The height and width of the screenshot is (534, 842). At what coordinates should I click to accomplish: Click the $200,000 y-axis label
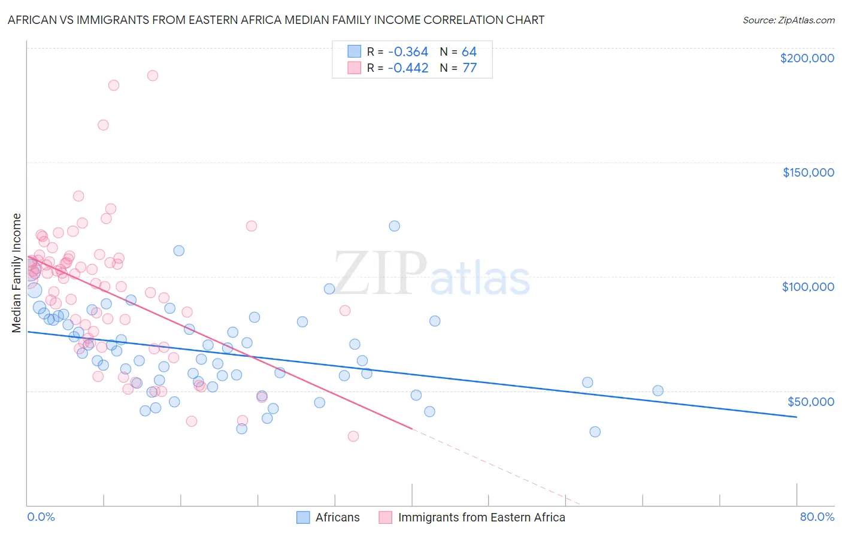(x=807, y=58)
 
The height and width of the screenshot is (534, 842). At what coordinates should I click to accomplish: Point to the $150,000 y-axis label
(x=808, y=172)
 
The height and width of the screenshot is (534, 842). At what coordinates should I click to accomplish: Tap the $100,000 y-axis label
(x=808, y=287)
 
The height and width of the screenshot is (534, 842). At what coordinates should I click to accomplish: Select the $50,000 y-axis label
(x=810, y=401)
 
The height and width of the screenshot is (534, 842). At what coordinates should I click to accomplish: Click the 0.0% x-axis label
(x=41, y=517)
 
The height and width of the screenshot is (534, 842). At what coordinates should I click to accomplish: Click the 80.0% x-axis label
(x=817, y=517)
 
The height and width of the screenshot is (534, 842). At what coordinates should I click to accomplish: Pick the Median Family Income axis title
(x=17, y=272)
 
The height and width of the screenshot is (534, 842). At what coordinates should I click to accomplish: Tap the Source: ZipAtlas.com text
(x=788, y=20)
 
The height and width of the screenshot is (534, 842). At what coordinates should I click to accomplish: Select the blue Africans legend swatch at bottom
(x=304, y=517)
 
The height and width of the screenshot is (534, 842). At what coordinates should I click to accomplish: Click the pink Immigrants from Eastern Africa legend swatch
(x=385, y=517)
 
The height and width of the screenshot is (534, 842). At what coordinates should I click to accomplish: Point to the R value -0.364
(x=408, y=52)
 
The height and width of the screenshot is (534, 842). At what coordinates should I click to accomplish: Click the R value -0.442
(x=408, y=68)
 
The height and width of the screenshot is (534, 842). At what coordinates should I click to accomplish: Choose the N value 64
(x=469, y=52)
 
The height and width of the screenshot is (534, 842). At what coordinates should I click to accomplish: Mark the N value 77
(x=470, y=68)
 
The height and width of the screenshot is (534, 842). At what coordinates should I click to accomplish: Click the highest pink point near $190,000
(x=153, y=75)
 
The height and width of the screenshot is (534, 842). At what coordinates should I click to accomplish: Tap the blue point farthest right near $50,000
(x=658, y=390)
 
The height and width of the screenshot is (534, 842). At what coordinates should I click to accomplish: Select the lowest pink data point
(x=353, y=436)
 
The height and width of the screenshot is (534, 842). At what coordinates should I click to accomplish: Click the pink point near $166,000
(x=103, y=125)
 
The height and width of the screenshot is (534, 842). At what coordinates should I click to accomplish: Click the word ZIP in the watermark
(x=380, y=274)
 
